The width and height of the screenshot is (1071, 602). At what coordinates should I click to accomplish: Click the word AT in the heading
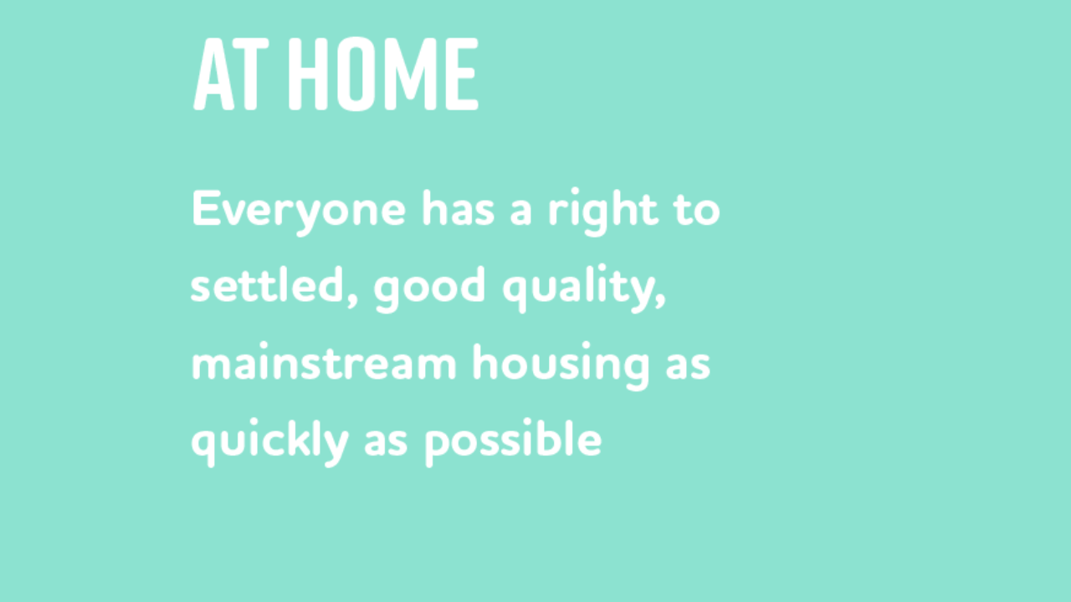click(x=231, y=74)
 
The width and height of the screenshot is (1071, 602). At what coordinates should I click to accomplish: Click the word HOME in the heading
click(x=383, y=74)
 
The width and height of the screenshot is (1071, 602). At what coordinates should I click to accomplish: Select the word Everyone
click(x=299, y=212)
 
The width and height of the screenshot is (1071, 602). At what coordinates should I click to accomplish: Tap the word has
click(x=458, y=208)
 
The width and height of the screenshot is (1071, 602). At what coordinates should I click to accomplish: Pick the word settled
click(x=268, y=285)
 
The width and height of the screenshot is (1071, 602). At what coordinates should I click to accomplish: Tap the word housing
click(x=561, y=366)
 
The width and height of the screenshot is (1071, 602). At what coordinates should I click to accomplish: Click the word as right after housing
click(x=688, y=366)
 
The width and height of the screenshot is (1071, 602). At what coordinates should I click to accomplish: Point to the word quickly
click(x=270, y=442)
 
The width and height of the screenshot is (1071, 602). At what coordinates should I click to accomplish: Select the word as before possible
click(x=386, y=442)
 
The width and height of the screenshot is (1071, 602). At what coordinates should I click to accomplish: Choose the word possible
click(x=513, y=442)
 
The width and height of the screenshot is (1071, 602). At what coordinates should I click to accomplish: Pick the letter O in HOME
click(x=356, y=74)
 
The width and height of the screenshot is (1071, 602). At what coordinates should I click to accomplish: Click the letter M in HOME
click(x=412, y=74)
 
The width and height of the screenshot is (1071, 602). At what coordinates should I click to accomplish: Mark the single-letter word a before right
click(x=521, y=213)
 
